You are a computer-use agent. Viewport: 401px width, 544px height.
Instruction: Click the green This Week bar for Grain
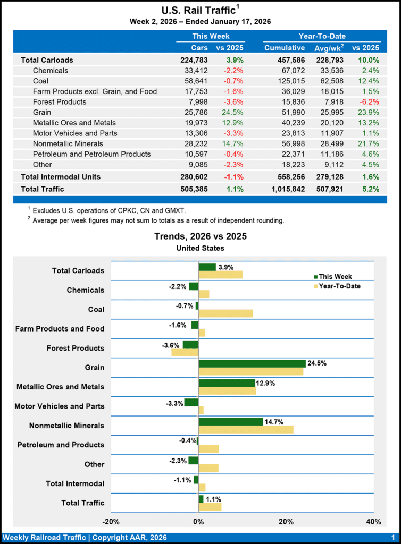click(x=252, y=363)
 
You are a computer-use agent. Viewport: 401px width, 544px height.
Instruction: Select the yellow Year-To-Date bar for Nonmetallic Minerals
click(x=246, y=429)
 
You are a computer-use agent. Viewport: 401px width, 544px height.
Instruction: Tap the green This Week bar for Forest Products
click(x=190, y=344)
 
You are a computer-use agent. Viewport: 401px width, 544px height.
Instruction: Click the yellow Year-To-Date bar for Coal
click(x=225, y=313)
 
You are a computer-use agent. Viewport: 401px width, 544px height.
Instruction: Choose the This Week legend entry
click(x=332, y=276)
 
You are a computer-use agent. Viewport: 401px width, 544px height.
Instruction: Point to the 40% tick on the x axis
click(x=373, y=521)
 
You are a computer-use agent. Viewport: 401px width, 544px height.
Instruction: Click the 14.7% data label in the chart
click(x=274, y=421)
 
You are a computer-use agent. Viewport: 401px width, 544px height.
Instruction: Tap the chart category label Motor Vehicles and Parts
click(x=60, y=406)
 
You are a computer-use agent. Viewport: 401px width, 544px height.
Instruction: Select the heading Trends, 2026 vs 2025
click(x=200, y=236)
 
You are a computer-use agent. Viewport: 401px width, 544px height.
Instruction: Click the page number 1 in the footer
click(x=392, y=538)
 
